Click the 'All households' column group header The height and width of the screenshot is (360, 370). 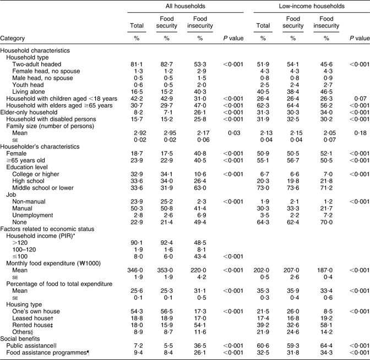tap(168, 6)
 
